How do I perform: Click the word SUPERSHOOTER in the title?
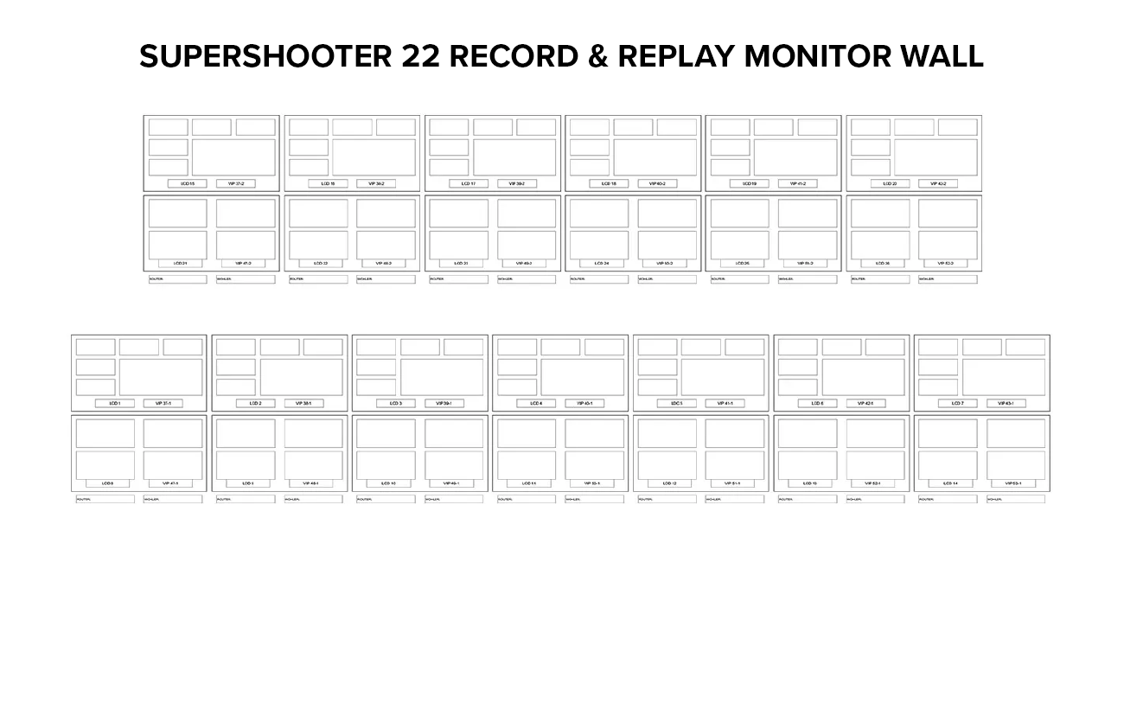coord(265,57)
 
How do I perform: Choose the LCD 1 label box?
coord(115,404)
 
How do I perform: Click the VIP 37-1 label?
coord(163,404)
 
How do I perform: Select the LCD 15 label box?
coord(188,184)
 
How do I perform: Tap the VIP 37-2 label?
coord(236,184)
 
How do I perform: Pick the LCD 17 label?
coord(469,184)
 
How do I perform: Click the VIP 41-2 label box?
coord(797,184)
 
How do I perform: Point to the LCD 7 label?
coord(958,404)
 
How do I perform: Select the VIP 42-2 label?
coord(938,184)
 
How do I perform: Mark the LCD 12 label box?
coord(669,483)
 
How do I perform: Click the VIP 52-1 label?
coord(872,483)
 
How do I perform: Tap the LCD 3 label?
coord(396,404)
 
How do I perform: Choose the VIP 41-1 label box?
coord(725,404)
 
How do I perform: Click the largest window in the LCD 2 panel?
coord(301,377)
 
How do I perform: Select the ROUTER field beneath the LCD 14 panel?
coord(948,499)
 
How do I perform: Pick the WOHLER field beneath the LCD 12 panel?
coord(735,499)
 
